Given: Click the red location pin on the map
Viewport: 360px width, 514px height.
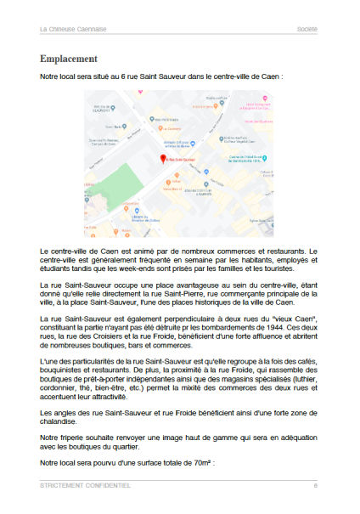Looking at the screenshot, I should [163, 159].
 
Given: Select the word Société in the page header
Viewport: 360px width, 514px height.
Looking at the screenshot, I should [307, 28].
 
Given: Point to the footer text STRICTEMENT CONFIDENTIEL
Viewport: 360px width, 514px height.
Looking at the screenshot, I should [85, 486].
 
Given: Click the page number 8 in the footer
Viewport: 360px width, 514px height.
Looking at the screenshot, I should [315, 486].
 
